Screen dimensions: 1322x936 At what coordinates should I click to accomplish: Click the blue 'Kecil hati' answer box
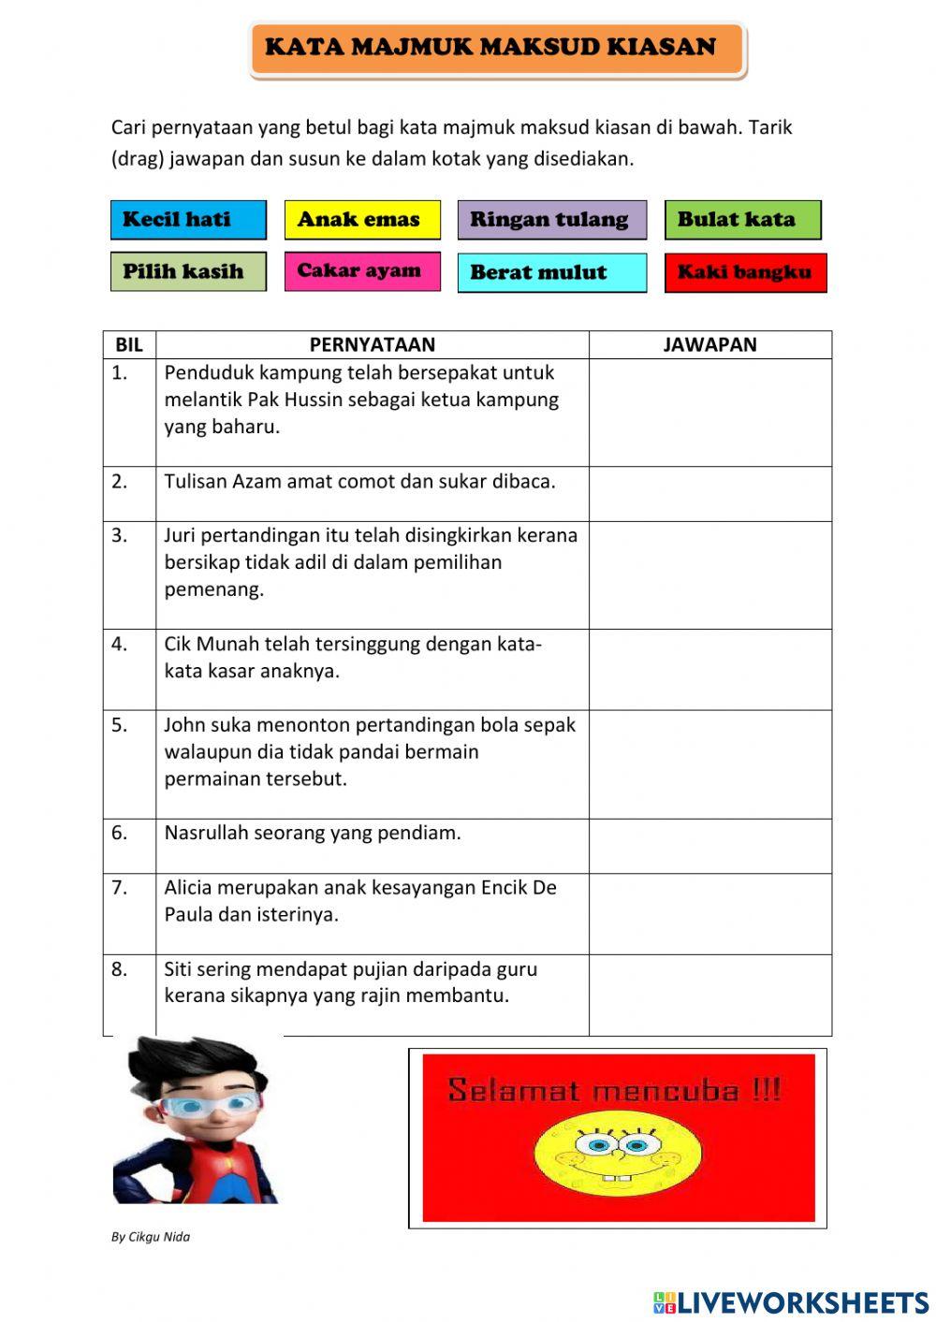(188, 220)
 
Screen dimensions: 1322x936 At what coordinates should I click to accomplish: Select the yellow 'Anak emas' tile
(362, 220)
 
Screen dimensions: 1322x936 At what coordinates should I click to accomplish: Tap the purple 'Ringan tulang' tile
(551, 220)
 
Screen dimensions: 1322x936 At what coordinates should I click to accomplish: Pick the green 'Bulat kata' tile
(742, 220)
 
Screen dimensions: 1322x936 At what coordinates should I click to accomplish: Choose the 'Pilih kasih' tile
(188, 271)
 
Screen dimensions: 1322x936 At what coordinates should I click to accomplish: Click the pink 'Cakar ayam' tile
(362, 270)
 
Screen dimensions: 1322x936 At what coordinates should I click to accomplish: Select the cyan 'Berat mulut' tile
(551, 272)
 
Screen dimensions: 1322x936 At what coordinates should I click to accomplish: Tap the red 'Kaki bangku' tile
(745, 272)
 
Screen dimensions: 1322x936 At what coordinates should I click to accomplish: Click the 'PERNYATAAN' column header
(372, 344)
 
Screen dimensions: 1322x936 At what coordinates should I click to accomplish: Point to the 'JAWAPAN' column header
(709, 344)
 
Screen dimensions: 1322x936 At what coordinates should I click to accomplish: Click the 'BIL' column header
(129, 344)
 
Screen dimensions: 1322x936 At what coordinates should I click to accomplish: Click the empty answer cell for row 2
(709, 494)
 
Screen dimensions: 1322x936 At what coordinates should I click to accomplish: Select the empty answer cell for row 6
(709, 846)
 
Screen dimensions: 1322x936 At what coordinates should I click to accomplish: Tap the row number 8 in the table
(120, 969)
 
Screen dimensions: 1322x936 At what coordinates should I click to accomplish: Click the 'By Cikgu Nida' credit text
(151, 1237)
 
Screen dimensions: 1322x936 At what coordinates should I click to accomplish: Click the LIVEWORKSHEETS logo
(791, 1301)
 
